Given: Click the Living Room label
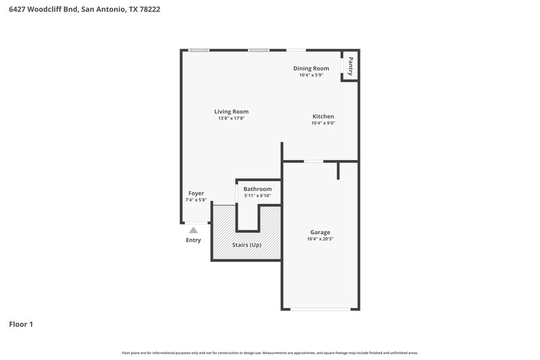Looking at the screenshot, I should pyautogui.click(x=232, y=111).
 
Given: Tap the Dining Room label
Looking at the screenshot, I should pyautogui.click(x=311, y=68).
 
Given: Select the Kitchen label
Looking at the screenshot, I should pyautogui.click(x=323, y=116).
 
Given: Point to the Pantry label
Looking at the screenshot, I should pyautogui.click(x=350, y=66).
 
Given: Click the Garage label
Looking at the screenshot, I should pyautogui.click(x=320, y=232).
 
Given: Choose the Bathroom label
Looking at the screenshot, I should pyautogui.click(x=257, y=189).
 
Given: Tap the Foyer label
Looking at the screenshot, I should pyautogui.click(x=196, y=193).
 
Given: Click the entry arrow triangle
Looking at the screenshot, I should pyautogui.click(x=193, y=230).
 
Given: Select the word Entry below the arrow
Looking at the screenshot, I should pyautogui.click(x=193, y=240).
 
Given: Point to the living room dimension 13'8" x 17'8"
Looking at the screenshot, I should pyautogui.click(x=231, y=118).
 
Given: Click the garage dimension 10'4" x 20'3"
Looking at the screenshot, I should pyautogui.click(x=320, y=238).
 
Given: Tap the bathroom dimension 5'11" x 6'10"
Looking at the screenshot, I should pyautogui.click(x=257, y=196).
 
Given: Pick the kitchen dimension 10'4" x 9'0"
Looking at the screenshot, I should pyautogui.click(x=323, y=123).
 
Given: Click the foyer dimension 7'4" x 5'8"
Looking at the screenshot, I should pyautogui.click(x=196, y=200).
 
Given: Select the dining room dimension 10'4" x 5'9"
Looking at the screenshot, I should pyautogui.click(x=311, y=75).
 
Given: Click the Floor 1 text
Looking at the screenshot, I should pyautogui.click(x=21, y=324).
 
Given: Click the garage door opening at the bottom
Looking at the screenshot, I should pyautogui.click(x=320, y=309).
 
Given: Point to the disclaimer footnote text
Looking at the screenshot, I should pyautogui.click(x=269, y=353).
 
